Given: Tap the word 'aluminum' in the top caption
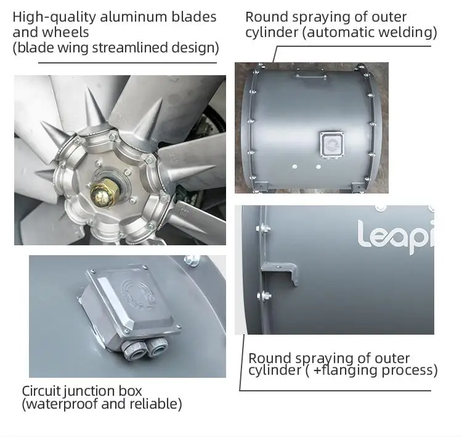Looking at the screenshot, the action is tap(134, 17).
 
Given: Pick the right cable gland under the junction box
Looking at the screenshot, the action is tap(158, 347).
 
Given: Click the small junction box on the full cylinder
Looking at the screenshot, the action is tap(332, 144).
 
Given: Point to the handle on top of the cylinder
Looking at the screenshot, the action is tap(311, 75).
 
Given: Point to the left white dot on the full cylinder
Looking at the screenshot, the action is tap(295, 167).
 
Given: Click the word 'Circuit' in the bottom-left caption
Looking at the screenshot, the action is tap(41, 391).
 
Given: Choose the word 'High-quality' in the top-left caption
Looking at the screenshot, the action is tap(54, 17).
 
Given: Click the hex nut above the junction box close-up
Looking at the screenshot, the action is tap(192, 261).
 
